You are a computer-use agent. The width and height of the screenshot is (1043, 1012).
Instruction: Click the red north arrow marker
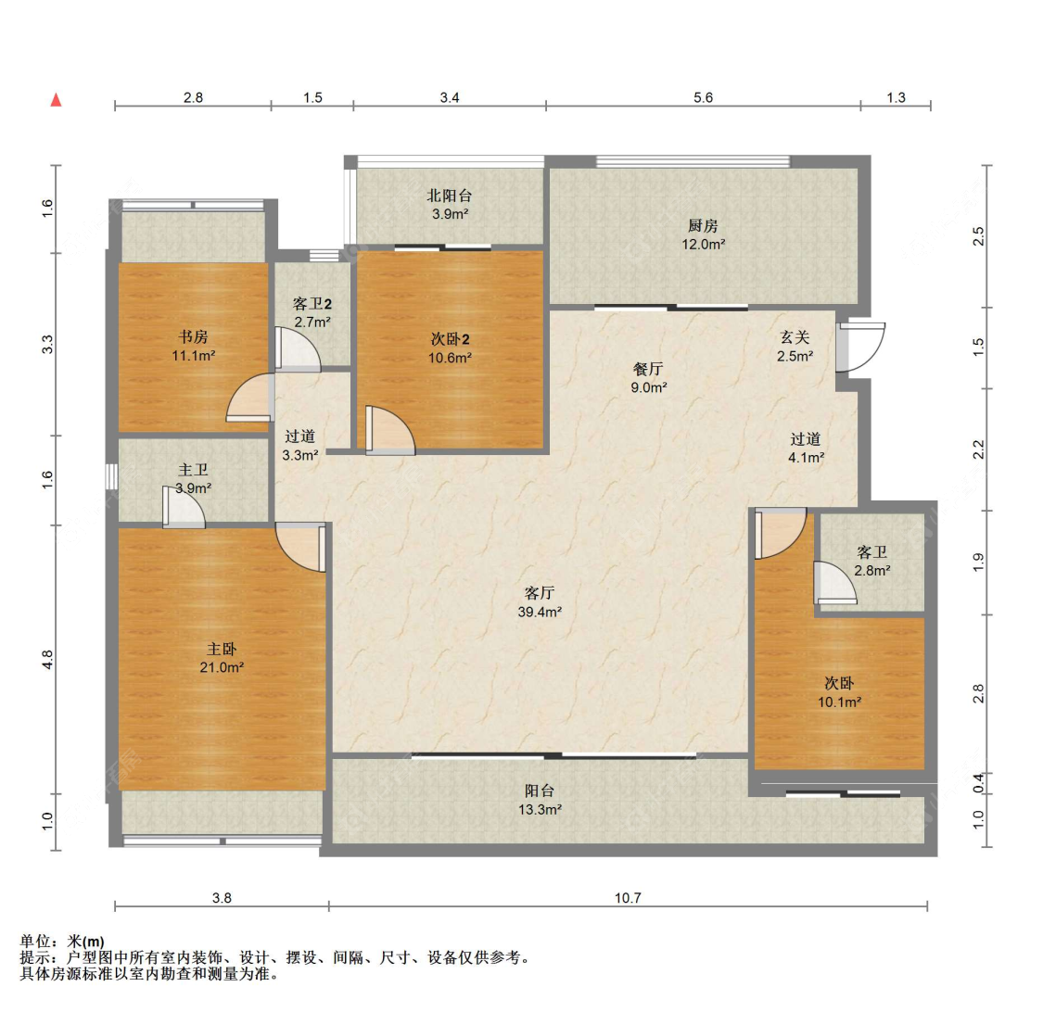pyautogui.click(x=57, y=100)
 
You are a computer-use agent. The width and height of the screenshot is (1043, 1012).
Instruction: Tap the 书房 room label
pyautogui.click(x=193, y=337)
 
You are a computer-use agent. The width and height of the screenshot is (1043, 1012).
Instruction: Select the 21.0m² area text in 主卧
pyautogui.click(x=222, y=667)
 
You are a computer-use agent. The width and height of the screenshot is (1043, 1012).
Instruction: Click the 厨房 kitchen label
pyautogui.click(x=703, y=226)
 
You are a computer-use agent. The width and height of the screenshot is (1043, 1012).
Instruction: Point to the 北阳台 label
pyautogui.click(x=450, y=196)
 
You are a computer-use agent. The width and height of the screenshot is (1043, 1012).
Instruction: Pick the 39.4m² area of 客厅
pyautogui.click(x=540, y=612)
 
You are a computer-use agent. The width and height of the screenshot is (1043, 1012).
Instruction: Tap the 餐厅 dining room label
pyautogui.click(x=648, y=369)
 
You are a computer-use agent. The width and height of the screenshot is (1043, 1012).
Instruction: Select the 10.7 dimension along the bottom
pyautogui.click(x=628, y=898)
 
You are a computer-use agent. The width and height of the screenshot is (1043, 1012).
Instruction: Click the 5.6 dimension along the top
pyautogui.click(x=703, y=97)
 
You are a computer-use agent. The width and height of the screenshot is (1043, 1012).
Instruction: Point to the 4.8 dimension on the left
pyautogui.click(x=47, y=659)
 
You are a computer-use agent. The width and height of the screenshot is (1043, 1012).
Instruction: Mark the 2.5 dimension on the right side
pyautogui.click(x=978, y=236)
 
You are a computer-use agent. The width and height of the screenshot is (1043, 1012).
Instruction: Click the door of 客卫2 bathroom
pyautogui.click(x=297, y=348)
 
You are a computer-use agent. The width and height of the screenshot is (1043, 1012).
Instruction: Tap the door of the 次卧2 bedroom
pyautogui.click(x=389, y=431)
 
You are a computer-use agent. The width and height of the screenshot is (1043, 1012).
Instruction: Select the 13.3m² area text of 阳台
pyautogui.click(x=540, y=810)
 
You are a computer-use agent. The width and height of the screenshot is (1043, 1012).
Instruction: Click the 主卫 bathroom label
pyautogui.click(x=193, y=470)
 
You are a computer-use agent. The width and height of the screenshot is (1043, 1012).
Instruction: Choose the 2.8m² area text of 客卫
pyautogui.click(x=872, y=571)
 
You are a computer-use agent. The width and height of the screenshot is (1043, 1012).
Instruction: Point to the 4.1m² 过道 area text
pyautogui.click(x=807, y=458)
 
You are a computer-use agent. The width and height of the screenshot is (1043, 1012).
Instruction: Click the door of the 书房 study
pyautogui.click(x=250, y=398)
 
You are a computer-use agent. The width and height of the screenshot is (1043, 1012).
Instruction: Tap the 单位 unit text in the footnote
pyautogui.click(x=35, y=941)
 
